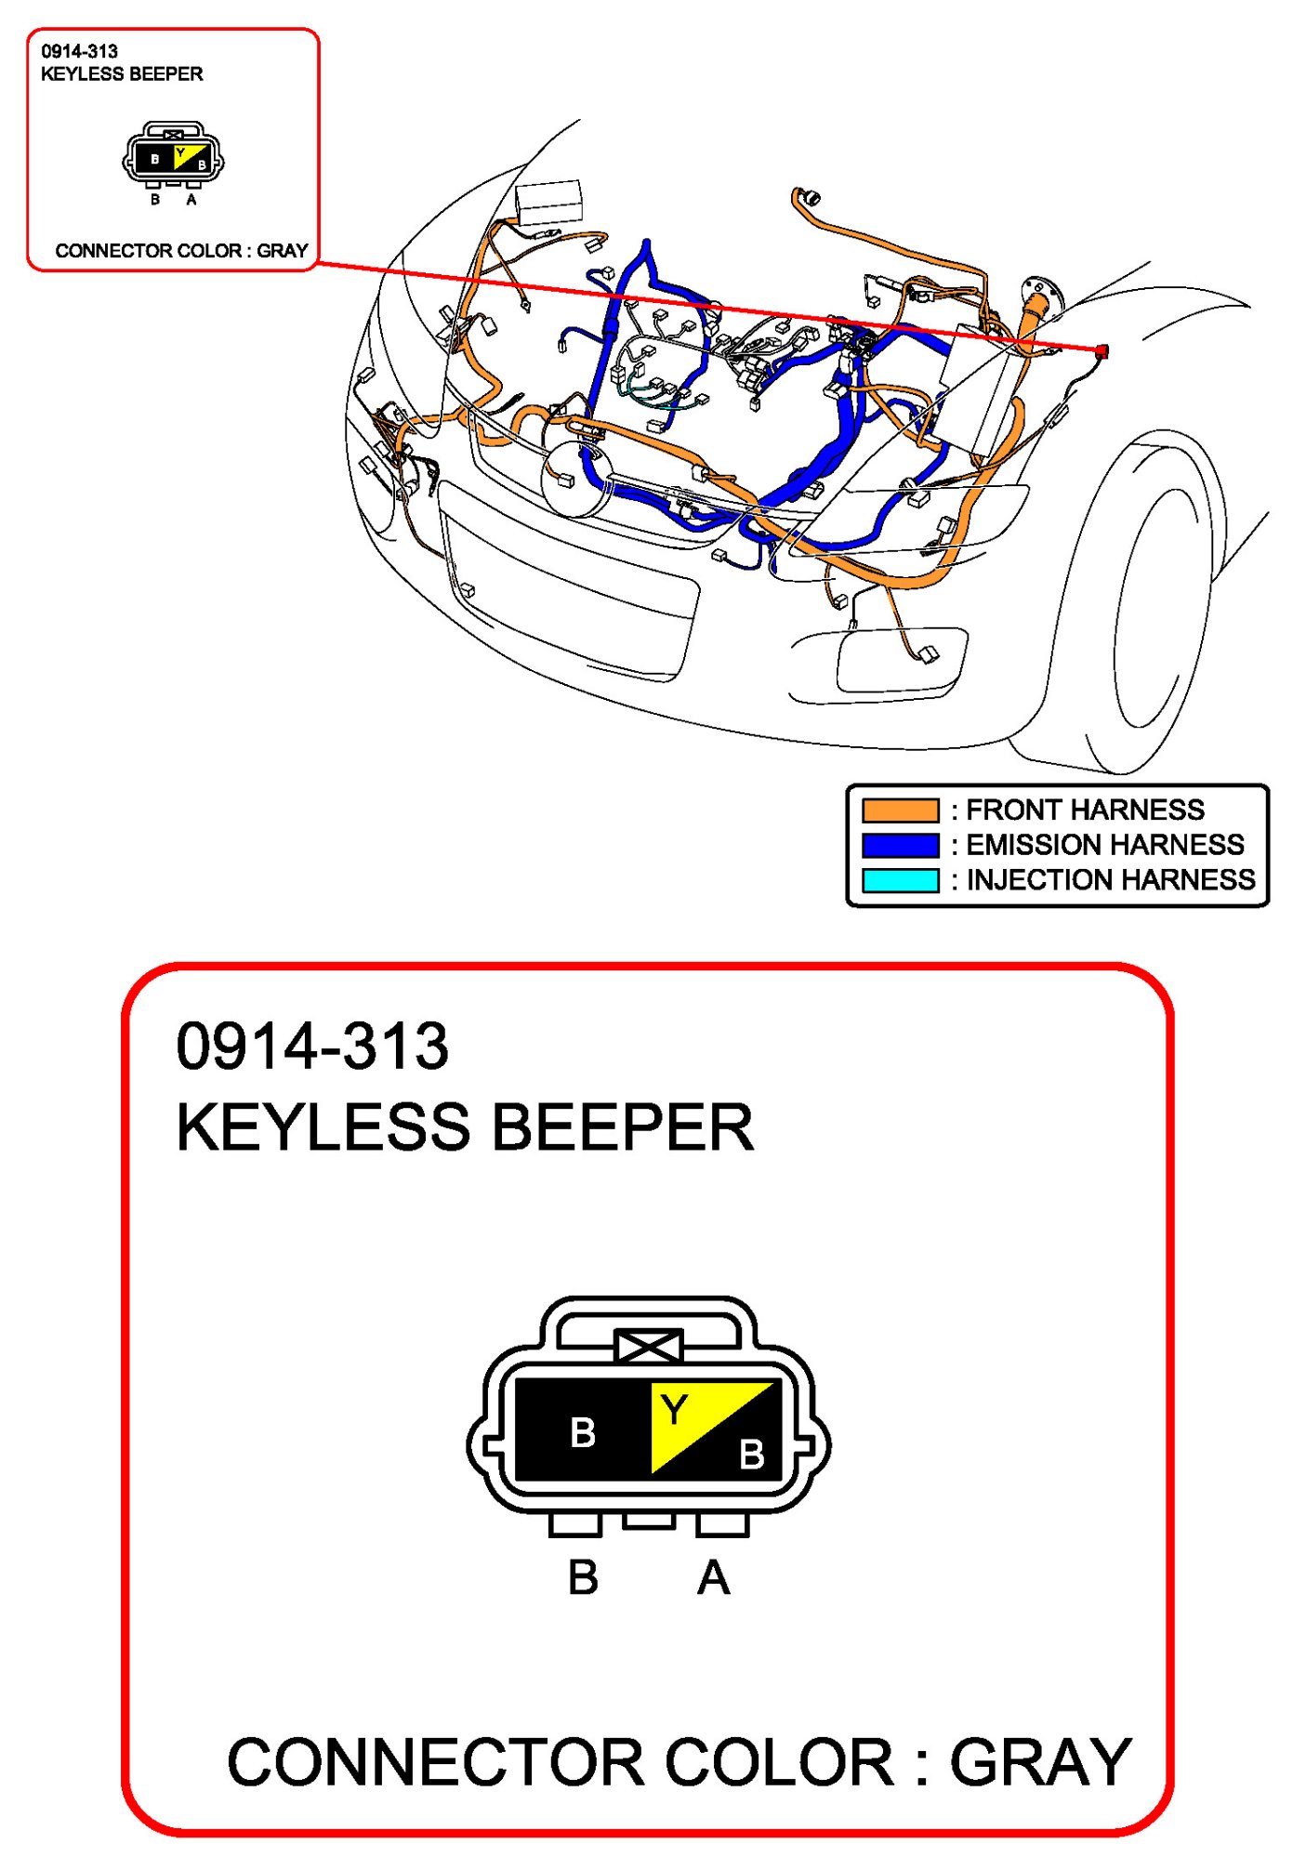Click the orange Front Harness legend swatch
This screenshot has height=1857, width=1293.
[900, 810]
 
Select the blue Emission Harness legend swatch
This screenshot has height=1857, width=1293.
[900, 845]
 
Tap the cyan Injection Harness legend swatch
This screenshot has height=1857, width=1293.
[900, 880]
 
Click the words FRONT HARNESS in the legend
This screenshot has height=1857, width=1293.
[1085, 810]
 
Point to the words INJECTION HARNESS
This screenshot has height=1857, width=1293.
[1111, 880]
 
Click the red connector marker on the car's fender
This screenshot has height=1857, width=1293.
[1102, 351]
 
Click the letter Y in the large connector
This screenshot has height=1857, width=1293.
[675, 1411]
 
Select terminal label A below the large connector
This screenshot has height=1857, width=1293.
[713, 1578]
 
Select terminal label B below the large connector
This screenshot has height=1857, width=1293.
[583, 1578]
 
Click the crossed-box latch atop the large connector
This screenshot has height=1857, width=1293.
[649, 1347]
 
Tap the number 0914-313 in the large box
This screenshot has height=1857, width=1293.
[312, 1047]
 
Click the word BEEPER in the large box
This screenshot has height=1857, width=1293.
[622, 1127]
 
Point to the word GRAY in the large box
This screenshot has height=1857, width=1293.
[1040, 1762]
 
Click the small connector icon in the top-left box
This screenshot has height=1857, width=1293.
[173, 155]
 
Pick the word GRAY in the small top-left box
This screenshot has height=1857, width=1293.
[282, 251]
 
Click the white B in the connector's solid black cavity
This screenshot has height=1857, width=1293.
[583, 1432]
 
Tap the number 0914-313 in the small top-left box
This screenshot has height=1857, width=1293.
[80, 52]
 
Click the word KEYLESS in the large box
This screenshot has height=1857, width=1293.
[323, 1127]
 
